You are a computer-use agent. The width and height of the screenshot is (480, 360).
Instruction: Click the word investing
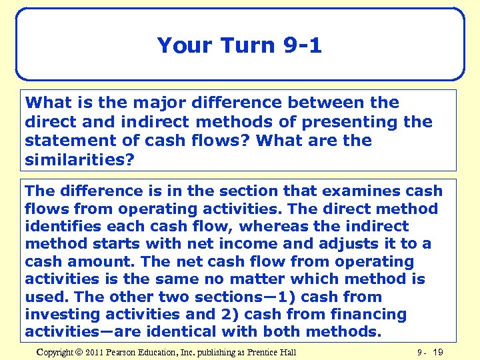(x=64, y=314)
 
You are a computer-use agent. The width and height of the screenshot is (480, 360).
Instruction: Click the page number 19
(x=437, y=352)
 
